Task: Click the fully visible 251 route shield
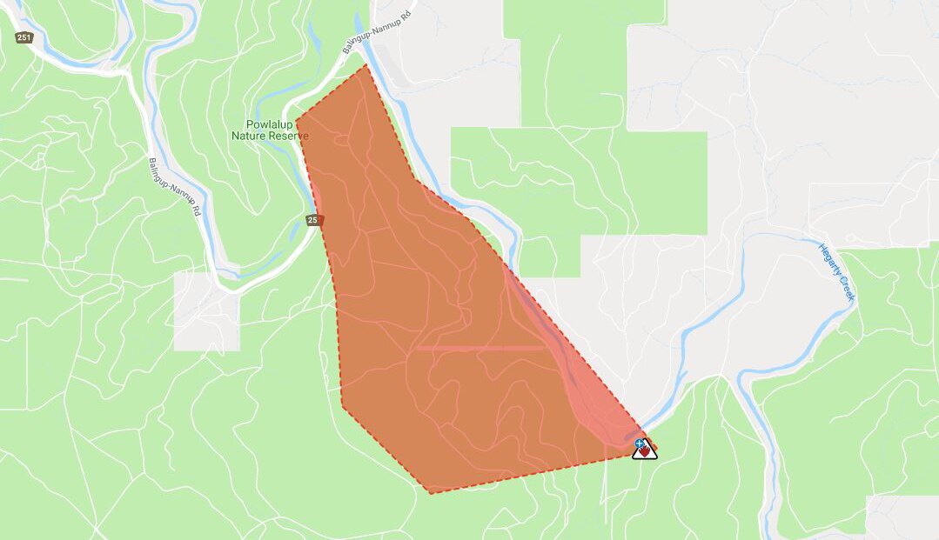[x=23, y=38]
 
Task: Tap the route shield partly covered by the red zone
[x=313, y=220]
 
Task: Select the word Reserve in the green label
[x=289, y=137]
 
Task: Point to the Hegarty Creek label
[x=837, y=272]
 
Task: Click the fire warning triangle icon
[x=644, y=449]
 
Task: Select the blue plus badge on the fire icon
[x=639, y=443]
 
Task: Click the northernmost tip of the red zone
[x=366, y=65]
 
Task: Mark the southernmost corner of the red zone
[x=430, y=493]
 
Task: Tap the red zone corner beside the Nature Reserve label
[x=297, y=122]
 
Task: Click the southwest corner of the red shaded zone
[x=342, y=405]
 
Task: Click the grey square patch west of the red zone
[x=206, y=311]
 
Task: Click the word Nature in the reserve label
[x=250, y=137]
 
